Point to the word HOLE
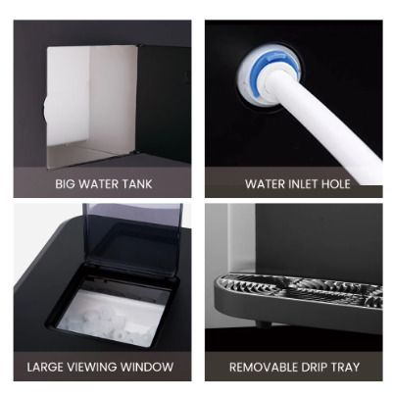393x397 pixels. click(x=335, y=184)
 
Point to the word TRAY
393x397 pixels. click(x=345, y=367)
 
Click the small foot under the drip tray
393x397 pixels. click(x=262, y=323)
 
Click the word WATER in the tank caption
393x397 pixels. click(x=99, y=184)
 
